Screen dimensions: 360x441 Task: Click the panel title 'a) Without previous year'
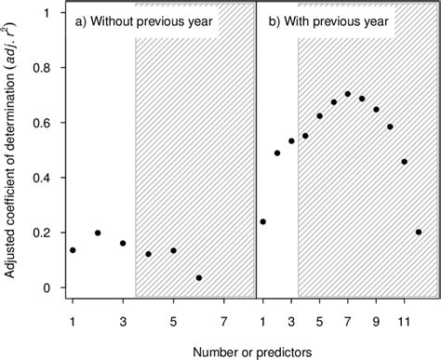[x=147, y=22]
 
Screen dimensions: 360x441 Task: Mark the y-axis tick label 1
[x=53, y=12]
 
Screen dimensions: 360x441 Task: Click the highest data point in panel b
[x=347, y=94]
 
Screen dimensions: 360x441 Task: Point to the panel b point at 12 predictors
[x=419, y=233]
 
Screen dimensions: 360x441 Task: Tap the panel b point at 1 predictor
[x=263, y=221]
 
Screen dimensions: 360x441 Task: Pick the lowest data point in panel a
[x=199, y=277]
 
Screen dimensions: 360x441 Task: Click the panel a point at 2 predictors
[x=98, y=233]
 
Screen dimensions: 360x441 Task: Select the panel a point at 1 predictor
[x=73, y=250]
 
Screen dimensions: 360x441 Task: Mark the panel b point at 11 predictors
[x=404, y=161]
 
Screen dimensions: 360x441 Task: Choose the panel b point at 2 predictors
[x=277, y=153]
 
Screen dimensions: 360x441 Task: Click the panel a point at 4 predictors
[x=148, y=254]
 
